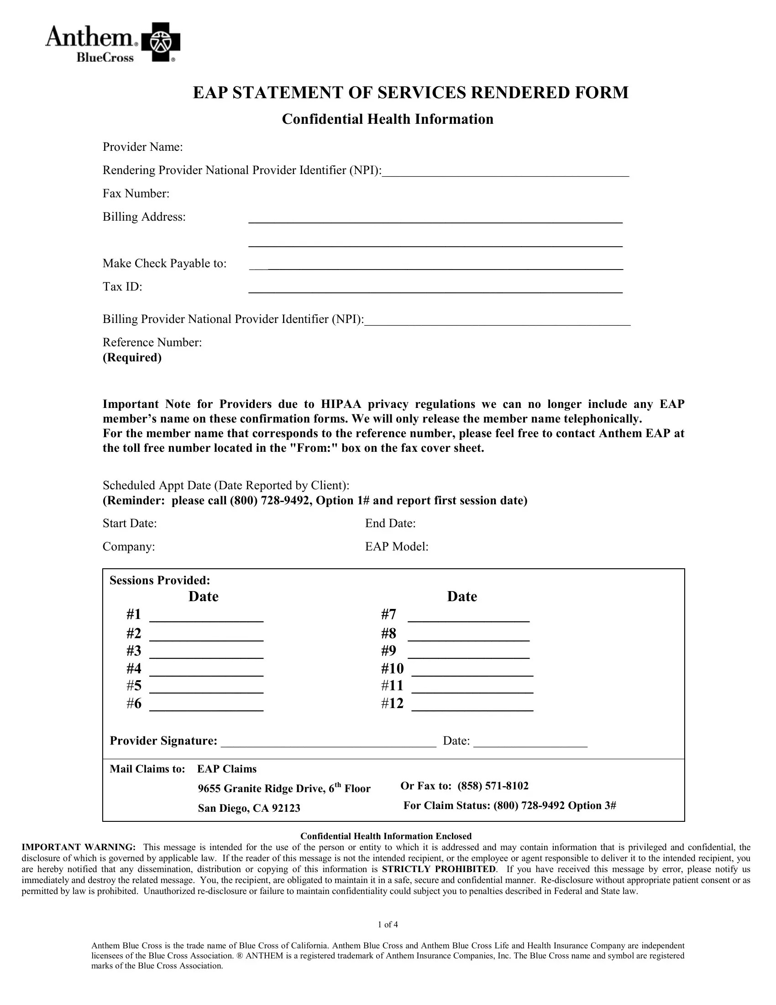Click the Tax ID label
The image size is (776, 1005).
(x=122, y=287)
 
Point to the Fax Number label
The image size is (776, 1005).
(x=136, y=194)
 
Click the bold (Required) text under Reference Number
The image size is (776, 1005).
(x=132, y=358)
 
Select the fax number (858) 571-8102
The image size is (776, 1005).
(x=493, y=786)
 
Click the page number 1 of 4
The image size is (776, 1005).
(x=388, y=925)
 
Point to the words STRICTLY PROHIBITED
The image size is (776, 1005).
(x=439, y=869)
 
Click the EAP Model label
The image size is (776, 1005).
(x=396, y=547)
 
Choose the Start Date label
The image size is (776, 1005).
(x=130, y=523)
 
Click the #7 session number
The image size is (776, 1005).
(x=388, y=614)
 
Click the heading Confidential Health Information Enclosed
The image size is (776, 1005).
(x=386, y=836)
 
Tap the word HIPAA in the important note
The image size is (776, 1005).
(x=341, y=404)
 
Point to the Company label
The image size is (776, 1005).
(x=129, y=547)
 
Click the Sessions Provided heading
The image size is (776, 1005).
(x=159, y=580)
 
